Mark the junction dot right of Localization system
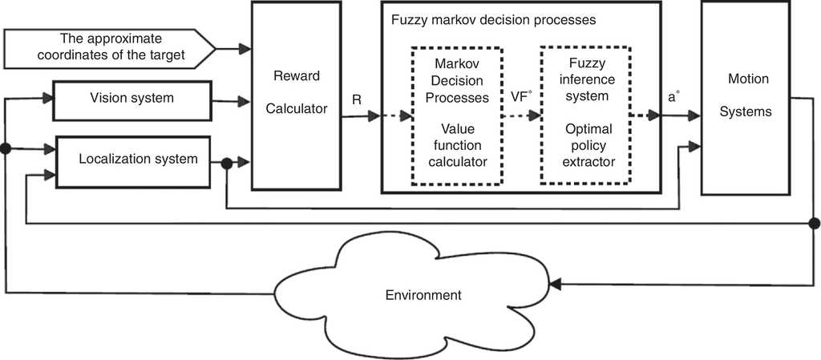click(227, 164)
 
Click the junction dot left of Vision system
click(6, 149)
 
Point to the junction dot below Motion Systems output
click(815, 222)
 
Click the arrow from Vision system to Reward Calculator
click(233, 101)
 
